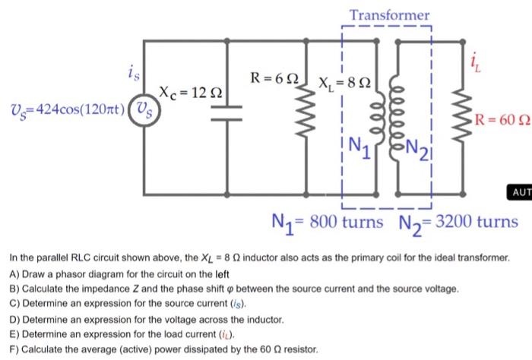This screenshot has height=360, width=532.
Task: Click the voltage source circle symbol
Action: pyautogui.click(x=144, y=111)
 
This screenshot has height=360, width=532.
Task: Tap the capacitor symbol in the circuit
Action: pyautogui.click(x=226, y=113)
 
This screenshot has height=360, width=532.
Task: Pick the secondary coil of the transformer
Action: pyautogui.click(x=396, y=118)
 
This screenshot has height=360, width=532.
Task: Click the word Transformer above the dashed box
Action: pyautogui.click(x=389, y=15)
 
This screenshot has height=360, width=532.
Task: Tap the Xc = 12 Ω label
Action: pyautogui.click(x=191, y=93)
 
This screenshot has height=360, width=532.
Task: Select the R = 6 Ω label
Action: pyautogui.click(x=274, y=78)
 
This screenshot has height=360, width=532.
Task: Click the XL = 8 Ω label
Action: pyautogui.click(x=344, y=83)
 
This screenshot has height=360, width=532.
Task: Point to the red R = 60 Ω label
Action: pyautogui.click(x=502, y=120)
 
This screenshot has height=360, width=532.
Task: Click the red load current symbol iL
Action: pyautogui.click(x=475, y=63)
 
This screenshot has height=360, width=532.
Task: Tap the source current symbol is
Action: pyautogui.click(x=134, y=73)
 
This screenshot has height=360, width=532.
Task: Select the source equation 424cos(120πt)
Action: pyautogui.click(x=81, y=109)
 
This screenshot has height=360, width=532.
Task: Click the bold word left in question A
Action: pyautogui.click(x=222, y=274)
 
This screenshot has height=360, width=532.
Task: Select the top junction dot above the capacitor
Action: pyautogui.click(x=227, y=41)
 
